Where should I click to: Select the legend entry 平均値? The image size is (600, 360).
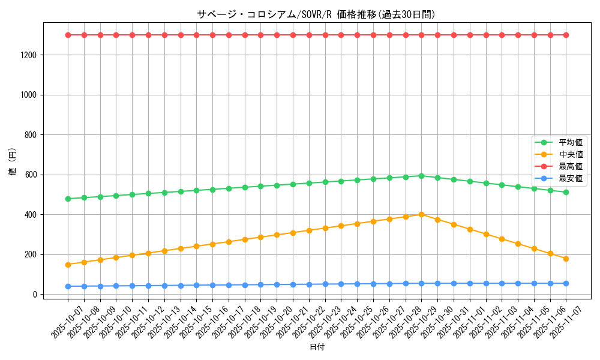coord(571,142)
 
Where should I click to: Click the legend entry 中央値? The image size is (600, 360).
coord(571,154)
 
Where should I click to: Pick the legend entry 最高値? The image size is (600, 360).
coord(571,166)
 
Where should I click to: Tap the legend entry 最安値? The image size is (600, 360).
coord(571,178)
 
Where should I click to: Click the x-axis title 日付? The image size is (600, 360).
coord(317,347)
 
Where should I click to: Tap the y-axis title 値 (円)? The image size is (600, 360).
coord(13,162)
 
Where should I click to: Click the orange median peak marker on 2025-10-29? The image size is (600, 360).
coord(421,214)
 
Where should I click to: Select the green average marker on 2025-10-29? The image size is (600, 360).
coord(421,176)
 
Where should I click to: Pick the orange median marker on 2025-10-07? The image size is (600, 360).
coord(68,265)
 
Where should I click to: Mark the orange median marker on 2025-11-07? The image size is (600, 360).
coord(566,259)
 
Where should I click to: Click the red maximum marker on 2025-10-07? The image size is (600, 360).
coord(68,35)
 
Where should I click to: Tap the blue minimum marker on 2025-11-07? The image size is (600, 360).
coord(566,283)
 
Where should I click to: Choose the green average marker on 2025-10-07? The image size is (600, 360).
coord(68,199)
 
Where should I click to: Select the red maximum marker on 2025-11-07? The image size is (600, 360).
coord(566,35)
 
